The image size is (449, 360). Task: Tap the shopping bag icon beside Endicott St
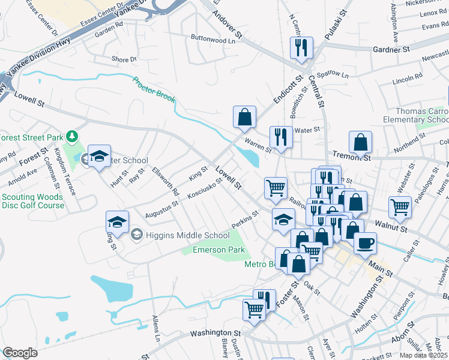coord(244,116)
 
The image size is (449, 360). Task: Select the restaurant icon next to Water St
coord(281,136)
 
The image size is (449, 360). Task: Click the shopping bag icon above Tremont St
coord(360,142)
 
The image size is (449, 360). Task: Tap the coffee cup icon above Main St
coord(365,242)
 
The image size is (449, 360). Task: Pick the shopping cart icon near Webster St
coord(400,207)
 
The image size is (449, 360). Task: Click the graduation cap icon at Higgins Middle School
coord(118,221)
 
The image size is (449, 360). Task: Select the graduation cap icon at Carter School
coord(99,156)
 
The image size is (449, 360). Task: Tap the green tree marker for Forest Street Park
coord(72,136)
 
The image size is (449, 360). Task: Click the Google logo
coord(20,353)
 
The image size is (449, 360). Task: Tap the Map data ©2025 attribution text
coord(424,355)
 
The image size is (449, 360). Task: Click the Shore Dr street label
coord(124,59)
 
